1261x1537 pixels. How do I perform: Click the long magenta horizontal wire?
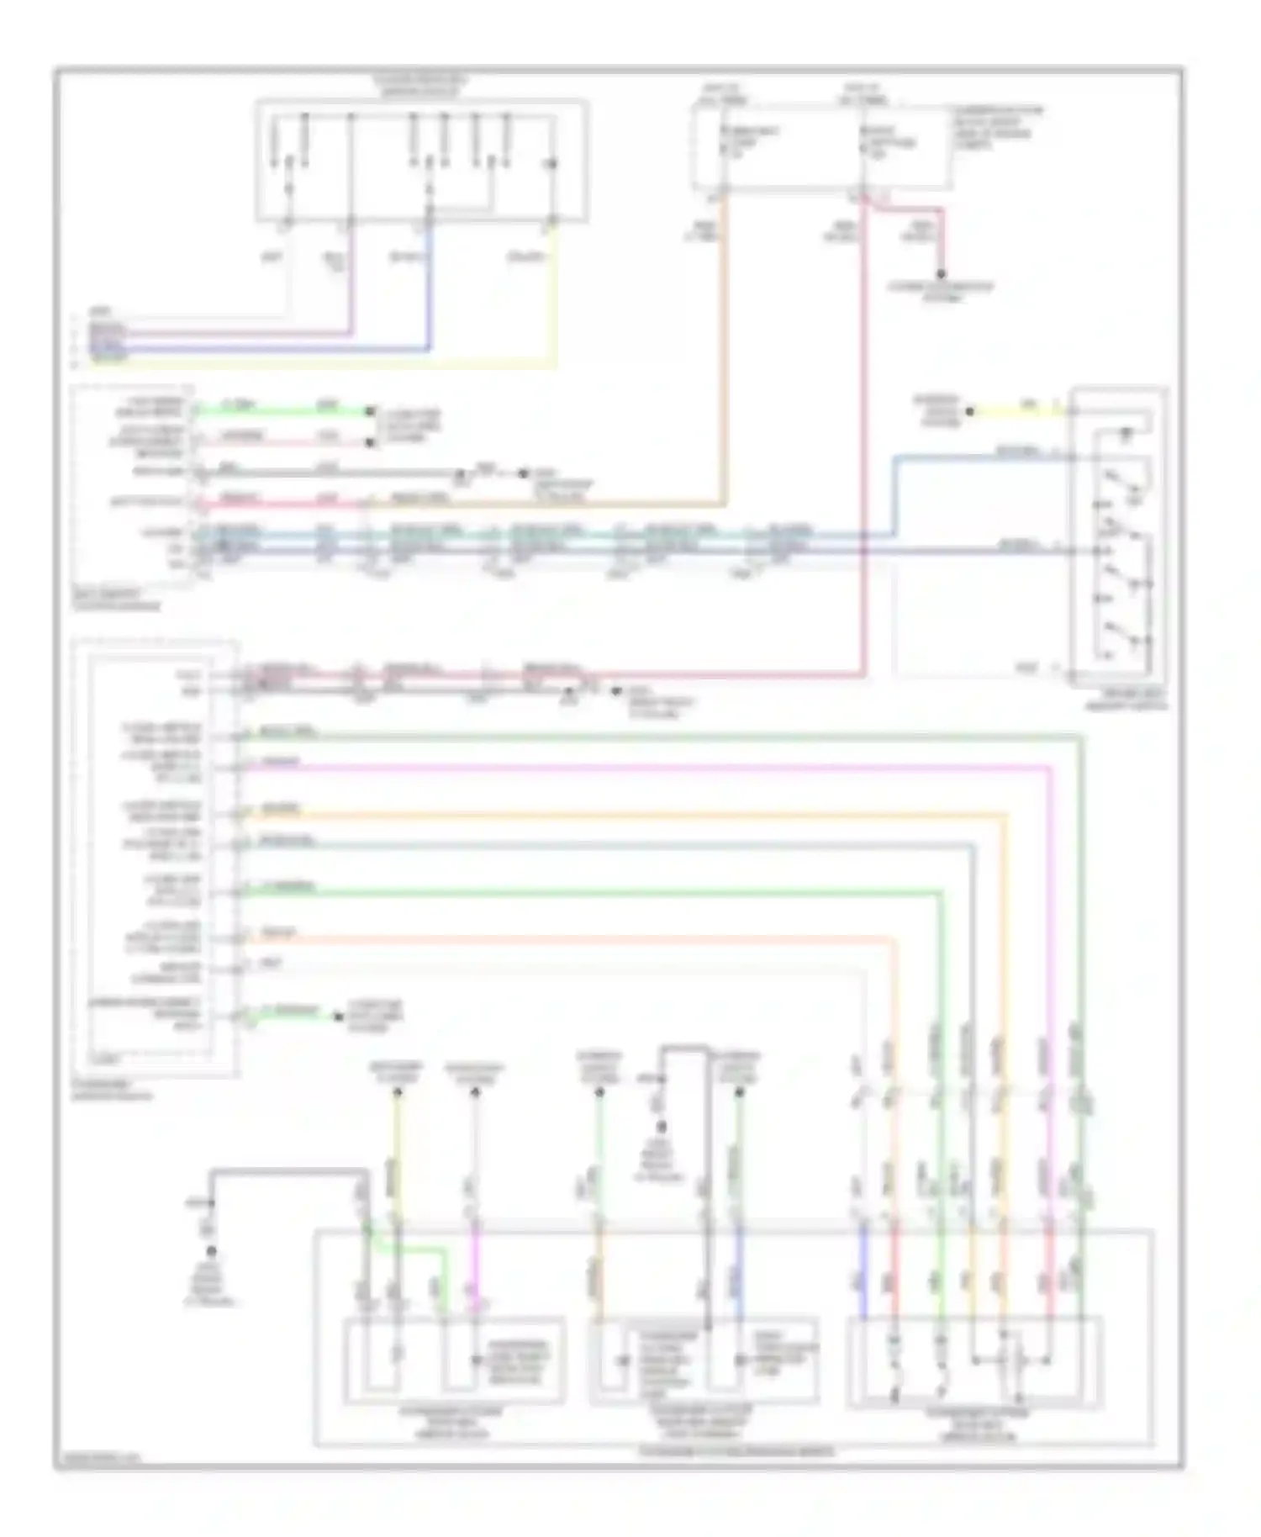[639, 767]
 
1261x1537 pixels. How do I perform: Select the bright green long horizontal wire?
[588, 891]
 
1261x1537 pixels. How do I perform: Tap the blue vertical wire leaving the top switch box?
[430, 286]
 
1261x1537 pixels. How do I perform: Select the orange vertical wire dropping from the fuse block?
[723, 353]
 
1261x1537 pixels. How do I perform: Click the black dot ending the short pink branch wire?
[941, 274]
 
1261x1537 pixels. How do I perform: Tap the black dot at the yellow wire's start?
[969, 411]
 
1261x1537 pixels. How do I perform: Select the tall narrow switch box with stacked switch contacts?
[1118, 538]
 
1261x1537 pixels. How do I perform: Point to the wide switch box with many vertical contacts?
[422, 160]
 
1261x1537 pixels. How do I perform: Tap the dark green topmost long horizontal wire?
[656, 737]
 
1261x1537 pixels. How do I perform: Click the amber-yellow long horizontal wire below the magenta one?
[622, 814]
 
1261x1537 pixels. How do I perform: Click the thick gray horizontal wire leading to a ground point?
[286, 1170]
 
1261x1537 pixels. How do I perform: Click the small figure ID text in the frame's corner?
[98, 1458]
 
